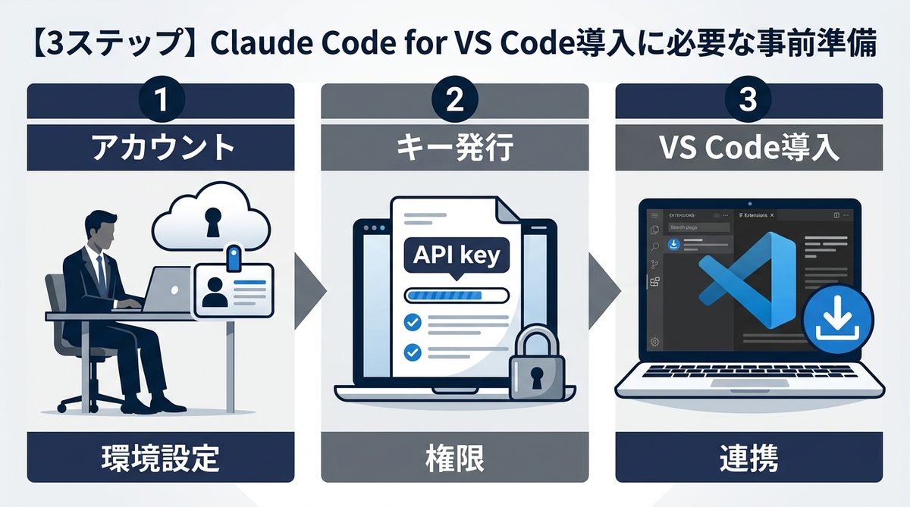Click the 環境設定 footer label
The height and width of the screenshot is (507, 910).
[161, 457]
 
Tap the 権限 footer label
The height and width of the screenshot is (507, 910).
[455, 457]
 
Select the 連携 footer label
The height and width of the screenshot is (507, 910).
[748, 457]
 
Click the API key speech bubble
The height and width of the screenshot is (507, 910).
[456, 255]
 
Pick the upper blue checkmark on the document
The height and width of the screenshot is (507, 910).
[413, 322]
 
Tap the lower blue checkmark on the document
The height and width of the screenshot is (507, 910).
[413, 352]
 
